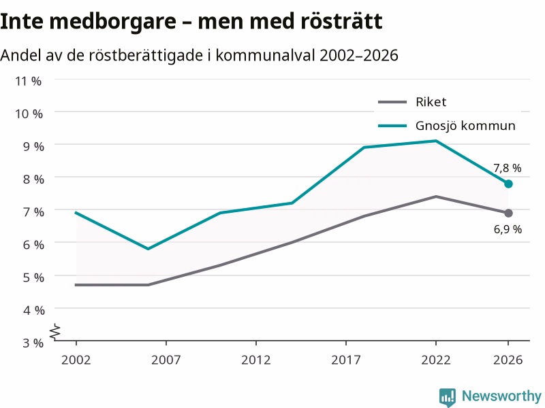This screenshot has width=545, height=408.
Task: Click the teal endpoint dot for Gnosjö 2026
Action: pos(508,184)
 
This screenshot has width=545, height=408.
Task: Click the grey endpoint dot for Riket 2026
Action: pos(508,213)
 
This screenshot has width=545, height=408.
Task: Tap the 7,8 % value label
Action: pos(508,168)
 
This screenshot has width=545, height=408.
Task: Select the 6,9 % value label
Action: pos(508,229)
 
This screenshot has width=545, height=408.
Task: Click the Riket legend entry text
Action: pos(431,102)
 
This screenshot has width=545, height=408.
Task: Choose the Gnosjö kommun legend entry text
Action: pos(465,126)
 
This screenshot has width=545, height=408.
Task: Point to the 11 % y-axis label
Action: pos(28,81)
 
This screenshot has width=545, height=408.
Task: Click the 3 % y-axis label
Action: pos(33,343)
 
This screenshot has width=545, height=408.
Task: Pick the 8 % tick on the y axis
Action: pos(33,180)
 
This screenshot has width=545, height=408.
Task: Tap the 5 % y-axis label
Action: pos(33,277)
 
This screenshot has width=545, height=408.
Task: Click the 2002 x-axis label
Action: pos(76,360)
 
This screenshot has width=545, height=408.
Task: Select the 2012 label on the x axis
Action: pos(256,360)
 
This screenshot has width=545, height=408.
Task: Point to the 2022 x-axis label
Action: pos(436,360)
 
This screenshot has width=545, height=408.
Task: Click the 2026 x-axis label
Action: pos(508,360)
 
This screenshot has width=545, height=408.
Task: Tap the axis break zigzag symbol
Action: pos(55,332)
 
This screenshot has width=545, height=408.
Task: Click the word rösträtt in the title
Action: pos(342,21)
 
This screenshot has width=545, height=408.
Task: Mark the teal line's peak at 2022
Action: pos(436,141)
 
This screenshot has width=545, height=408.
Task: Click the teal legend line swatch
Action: pos(392,126)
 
